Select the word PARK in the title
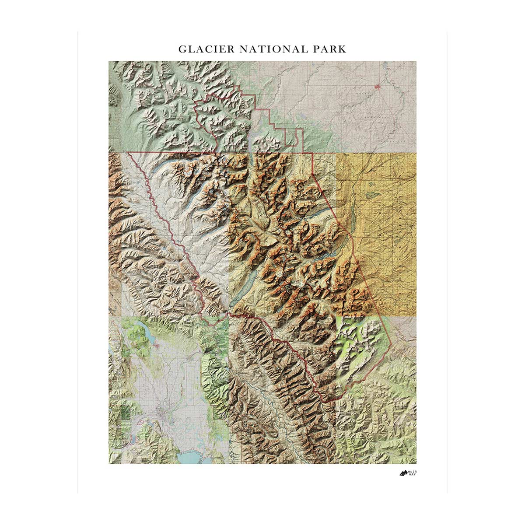331,49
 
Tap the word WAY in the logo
413,475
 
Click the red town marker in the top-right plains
378,86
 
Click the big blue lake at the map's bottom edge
192,457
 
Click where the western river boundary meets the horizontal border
129,153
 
